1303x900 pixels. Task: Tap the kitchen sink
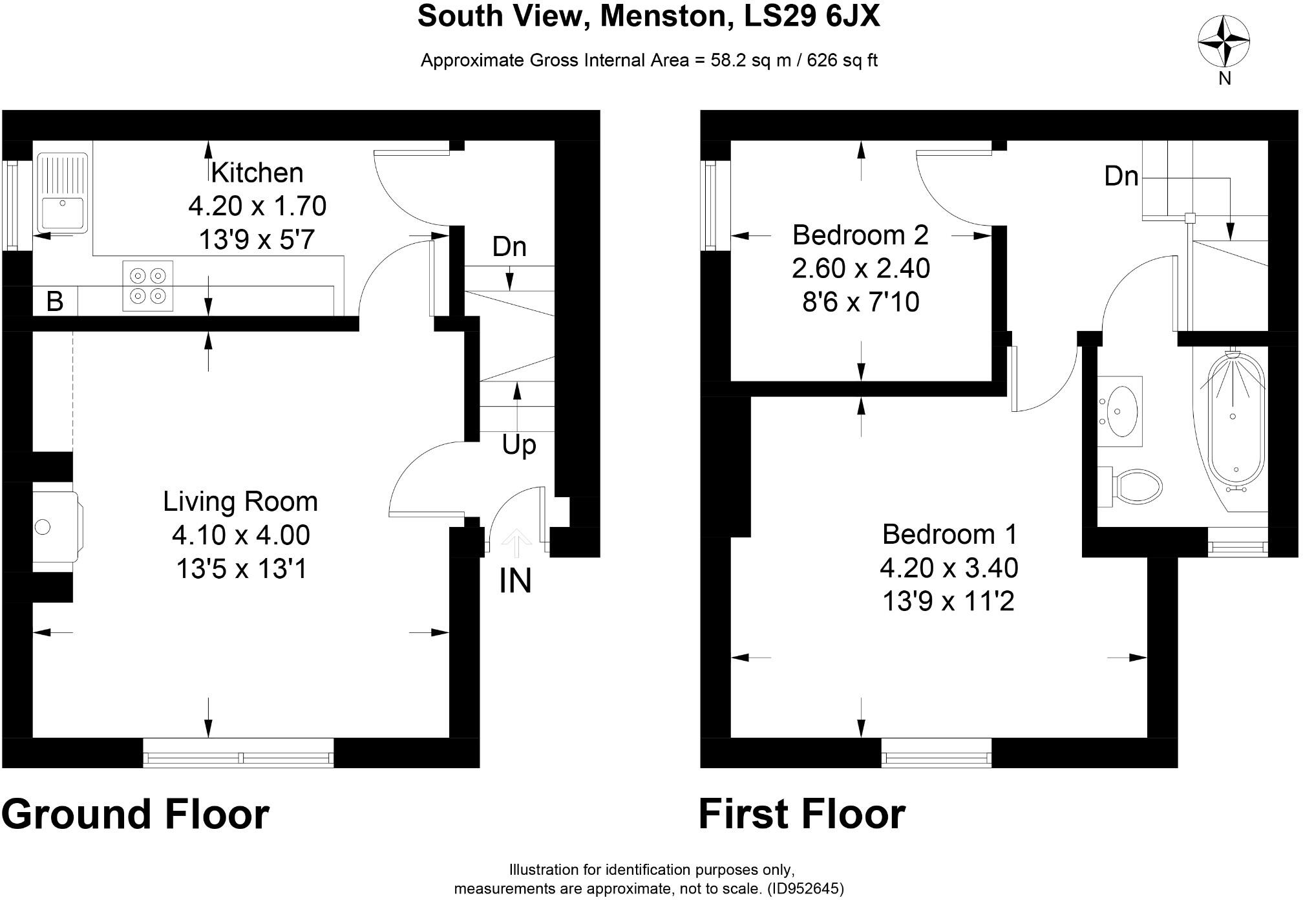point(62,193)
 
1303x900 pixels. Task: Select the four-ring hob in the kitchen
point(148,286)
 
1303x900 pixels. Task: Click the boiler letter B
point(55,301)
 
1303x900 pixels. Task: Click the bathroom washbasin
point(1120,411)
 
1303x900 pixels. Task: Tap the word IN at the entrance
point(515,581)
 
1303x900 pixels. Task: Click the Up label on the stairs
point(519,445)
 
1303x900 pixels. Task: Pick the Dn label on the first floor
point(1121,176)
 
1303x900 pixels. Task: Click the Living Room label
point(240,502)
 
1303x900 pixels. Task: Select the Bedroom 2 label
point(860,235)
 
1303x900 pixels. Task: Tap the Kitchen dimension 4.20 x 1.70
point(257,206)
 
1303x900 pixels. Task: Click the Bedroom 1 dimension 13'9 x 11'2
point(948,601)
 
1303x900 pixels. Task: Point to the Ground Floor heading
point(135,814)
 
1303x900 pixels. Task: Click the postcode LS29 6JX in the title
point(812,16)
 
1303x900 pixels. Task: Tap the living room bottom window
point(238,753)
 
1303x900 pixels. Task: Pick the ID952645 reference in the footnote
point(805,888)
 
